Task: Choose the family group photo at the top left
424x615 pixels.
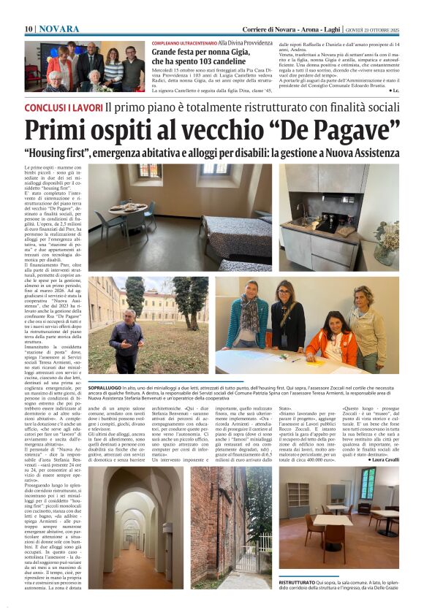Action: point(85,66)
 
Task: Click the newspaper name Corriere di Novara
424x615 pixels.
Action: point(272,28)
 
